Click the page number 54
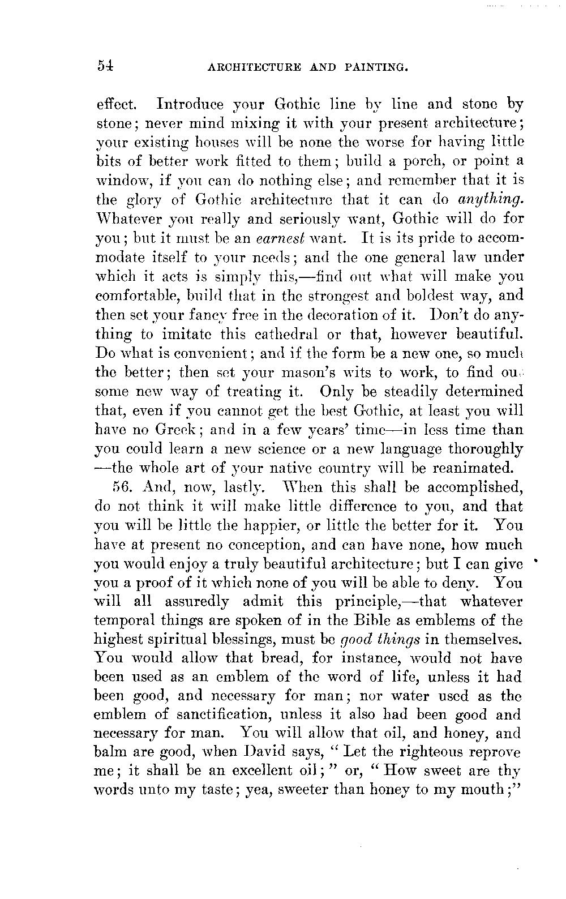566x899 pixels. click(106, 66)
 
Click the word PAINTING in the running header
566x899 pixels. click(377, 67)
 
